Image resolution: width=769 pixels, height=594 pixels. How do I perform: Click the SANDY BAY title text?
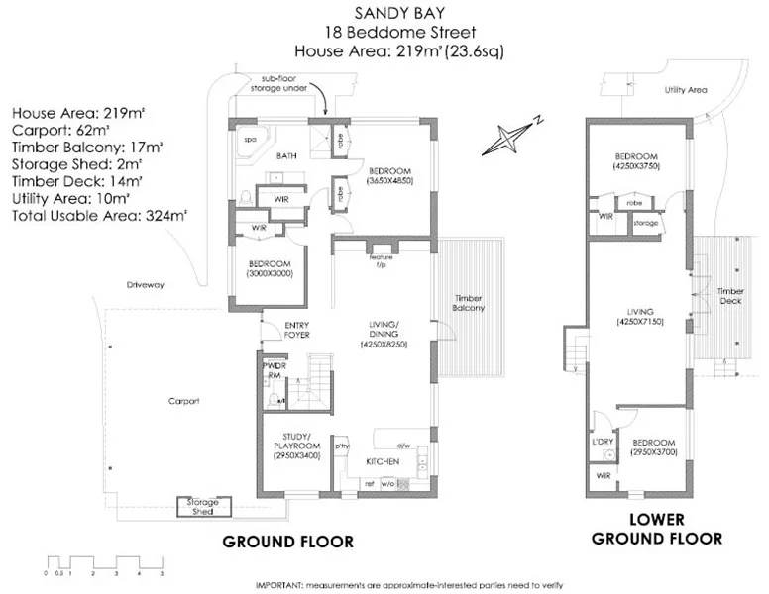click(384, 12)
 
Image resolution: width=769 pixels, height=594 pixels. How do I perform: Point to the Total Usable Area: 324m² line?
click(100, 213)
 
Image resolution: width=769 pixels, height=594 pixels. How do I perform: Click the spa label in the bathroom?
click(250, 141)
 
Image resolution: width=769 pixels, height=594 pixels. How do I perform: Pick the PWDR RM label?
click(274, 370)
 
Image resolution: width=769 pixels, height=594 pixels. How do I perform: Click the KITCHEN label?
click(383, 462)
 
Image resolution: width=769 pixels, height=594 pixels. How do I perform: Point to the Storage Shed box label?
click(203, 507)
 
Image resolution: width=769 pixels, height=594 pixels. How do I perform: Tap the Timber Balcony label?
click(469, 303)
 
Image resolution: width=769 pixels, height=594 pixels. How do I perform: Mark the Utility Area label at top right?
click(685, 90)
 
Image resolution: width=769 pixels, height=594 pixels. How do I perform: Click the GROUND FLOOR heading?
click(287, 542)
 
